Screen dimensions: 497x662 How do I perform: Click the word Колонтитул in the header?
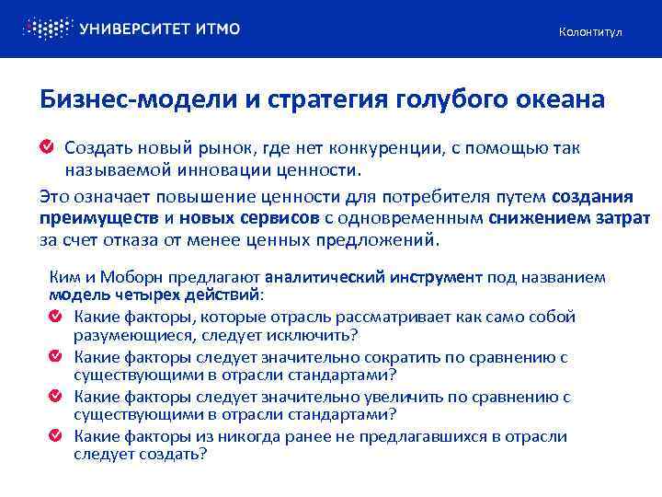(x=590, y=33)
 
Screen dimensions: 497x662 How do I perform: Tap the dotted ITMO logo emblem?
(x=47, y=29)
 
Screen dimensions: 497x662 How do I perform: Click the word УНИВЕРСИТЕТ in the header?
(x=135, y=29)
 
